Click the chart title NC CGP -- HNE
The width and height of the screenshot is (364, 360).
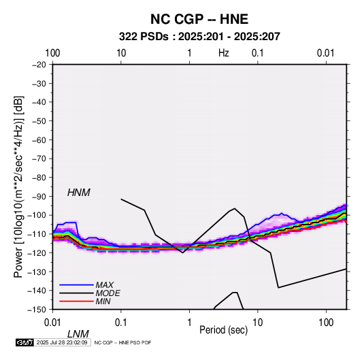pyautogui.click(x=199, y=19)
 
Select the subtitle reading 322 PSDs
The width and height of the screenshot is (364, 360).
pyautogui.click(x=144, y=37)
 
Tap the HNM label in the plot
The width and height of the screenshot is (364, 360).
pyautogui.click(x=79, y=193)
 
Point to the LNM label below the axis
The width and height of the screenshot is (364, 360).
pyautogui.click(x=78, y=334)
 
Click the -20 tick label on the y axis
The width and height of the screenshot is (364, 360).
pyautogui.click(x=39, y=65)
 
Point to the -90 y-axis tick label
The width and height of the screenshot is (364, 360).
pyautogui.click(x=39, y=196)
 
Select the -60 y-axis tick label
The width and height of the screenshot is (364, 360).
pyautogui.click(x=39, y=140)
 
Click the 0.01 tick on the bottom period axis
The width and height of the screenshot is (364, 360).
pyautogui.click(x=53, y=322)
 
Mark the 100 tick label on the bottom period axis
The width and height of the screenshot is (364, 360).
pyautogui.click(x=326, y=322)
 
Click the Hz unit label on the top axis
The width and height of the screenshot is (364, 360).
pyautogui.click(x=224, y=53)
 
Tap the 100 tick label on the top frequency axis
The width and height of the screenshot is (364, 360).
pyautogui.click(x=52, y=53)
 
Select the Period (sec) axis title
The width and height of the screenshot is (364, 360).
pyautogui.click(x=224, y=330)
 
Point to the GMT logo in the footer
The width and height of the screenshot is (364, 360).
pyautogui.click(x=25, y=342)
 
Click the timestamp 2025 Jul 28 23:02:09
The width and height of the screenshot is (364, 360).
pyautogui.click(x=62, y=342)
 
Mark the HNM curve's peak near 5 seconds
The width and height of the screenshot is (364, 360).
pyautogui.click(x=235, y=208)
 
